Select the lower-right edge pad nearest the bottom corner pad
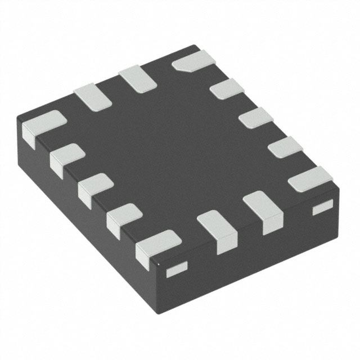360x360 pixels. pyautogui.click(x=218, y=228)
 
